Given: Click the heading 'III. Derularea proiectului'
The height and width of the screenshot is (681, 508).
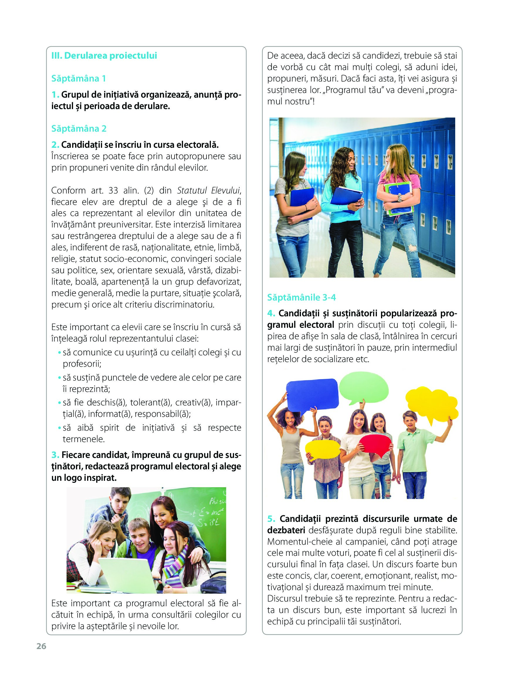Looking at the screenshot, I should point(104,56).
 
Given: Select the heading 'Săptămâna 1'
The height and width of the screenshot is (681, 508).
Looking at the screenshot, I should point(78,79).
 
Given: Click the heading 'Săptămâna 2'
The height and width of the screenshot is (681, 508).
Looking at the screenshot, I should point(79,128).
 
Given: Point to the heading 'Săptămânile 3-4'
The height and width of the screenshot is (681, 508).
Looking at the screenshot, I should point(301,297).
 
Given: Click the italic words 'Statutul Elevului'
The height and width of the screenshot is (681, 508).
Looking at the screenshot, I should point(208,191).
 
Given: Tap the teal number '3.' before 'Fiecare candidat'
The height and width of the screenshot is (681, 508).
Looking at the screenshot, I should point(55,455).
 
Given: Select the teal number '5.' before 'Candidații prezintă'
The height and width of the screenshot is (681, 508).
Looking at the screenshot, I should point(271,519).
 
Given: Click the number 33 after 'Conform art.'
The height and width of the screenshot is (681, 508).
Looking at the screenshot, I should point(113,191).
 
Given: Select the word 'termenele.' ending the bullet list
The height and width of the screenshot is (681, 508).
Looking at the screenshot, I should point(84,439).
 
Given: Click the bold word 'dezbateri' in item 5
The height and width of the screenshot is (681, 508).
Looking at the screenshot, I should point(286,530).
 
